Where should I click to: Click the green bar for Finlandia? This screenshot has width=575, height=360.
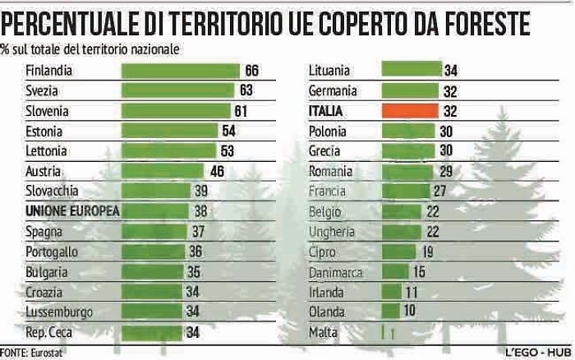pos(180,71)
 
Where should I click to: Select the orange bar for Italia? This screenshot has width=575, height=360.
pos(410,110)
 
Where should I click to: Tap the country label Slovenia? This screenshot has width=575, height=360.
pos(47,111)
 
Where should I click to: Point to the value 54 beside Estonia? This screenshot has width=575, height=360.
pos(229,131)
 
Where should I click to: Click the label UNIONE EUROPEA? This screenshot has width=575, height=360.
pos(73,211)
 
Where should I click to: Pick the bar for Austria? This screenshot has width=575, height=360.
pos(163,171)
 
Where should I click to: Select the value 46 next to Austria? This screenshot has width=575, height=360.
pos(217,171)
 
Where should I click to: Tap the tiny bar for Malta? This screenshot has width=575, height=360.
pos(383,332)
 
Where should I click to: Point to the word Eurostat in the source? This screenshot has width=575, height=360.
pos(48,353)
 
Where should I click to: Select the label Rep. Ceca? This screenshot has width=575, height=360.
pos(50,332)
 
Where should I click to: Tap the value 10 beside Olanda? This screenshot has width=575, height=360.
pos(410,312)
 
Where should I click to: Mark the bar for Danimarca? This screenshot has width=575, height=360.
pos(396,272)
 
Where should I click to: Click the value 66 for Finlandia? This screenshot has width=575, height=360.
pos(251,71)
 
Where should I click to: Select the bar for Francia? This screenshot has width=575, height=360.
pos(406,192)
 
